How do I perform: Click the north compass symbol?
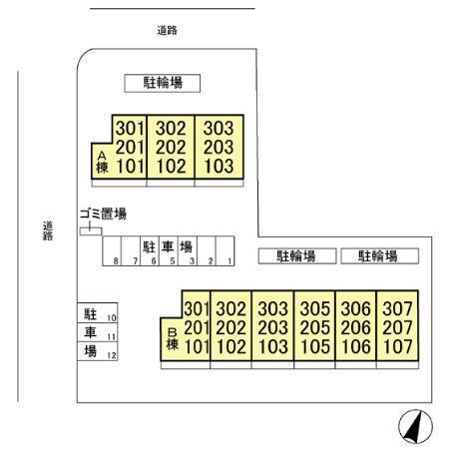(415, 426)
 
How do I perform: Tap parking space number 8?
(112, 251)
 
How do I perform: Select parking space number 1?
(225, 251)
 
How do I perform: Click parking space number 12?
(98, 351)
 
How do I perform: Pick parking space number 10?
(98, 313)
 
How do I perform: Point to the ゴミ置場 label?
(103, 214)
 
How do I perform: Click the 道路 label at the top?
(167, 30)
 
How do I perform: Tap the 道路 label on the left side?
(48, 230)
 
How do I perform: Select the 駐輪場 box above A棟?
(163, 83)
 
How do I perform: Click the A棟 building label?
(102, 163)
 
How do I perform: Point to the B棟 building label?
(173, 339)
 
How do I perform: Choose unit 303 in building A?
(219, 128)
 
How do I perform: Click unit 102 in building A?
(171, 167)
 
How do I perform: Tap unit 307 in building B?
(397, 308)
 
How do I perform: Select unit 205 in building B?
(314, 328)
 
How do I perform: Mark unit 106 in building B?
(356, 347)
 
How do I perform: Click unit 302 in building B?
(231, 308)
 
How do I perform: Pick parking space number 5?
(169, 251)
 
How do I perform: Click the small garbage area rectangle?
(91, 231)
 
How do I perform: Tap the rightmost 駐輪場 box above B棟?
(379, 256)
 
